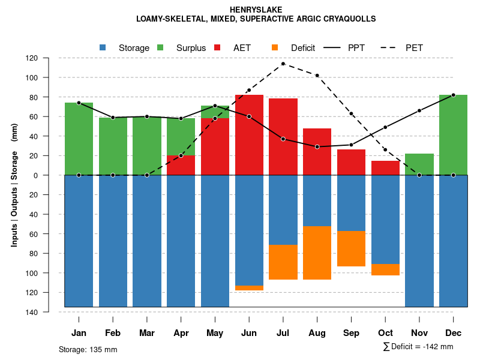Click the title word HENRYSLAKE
tap(256, 10)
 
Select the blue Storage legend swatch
tap(103, 47)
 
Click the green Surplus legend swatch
tap(160, 47)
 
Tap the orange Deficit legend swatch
tap(275, 47)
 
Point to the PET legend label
tap(414, 47)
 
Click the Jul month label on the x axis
tap(283, 333)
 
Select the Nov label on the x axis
tap(419, 333)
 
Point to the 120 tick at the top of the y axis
tap(32, 58)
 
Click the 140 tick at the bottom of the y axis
tap(32, 312)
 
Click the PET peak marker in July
tap(283, 64)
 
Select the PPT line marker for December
tap(454, 95)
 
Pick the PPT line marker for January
tap(79, 103)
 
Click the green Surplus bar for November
tap(419, 164)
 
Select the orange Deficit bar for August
tap(317, 253)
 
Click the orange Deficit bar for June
tap(249, 288)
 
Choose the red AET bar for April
tap(181, 166)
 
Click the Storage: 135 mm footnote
tap(88, 349)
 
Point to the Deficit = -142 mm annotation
tap(418, 346)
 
